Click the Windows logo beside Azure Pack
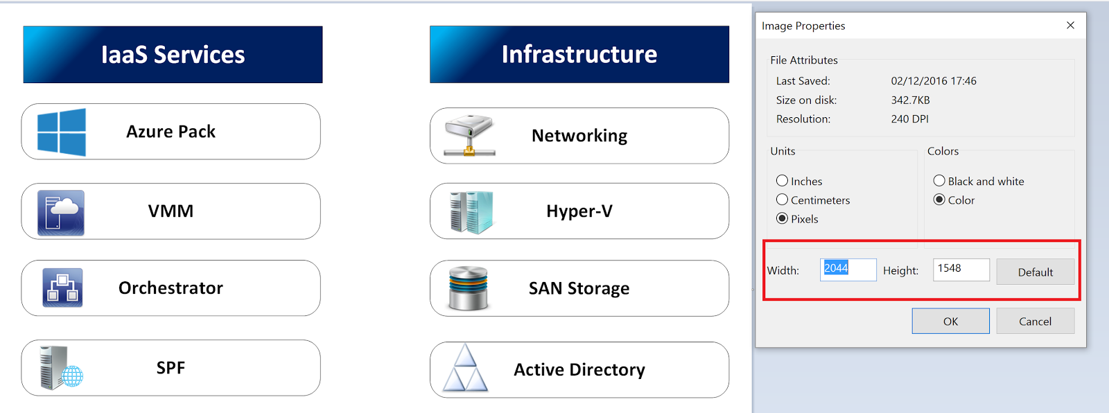tap(62, 132)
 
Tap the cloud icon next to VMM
tap(61, 213)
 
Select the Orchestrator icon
tap(62, 288)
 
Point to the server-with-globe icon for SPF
tap(61, 368)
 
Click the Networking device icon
tap(469, 136)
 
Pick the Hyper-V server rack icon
tap(471, 212)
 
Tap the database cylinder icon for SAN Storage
tap(469, 288)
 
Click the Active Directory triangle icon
tap(465, 369)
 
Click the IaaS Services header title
tap(173, 55)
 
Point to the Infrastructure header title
tap(579, 54)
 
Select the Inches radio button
tap(783, 181)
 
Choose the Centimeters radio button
tap(783, 200)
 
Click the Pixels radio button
tap(783, 218)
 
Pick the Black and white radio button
tap(939, 181)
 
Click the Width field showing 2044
tap(848, 270)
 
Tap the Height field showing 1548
tap(961, 270)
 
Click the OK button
tap(950, 321)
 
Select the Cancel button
tap(1035, 321)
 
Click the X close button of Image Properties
tap(1070, 25)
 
